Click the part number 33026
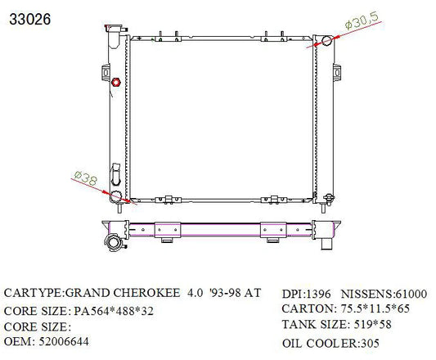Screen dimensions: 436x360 click(30, 20)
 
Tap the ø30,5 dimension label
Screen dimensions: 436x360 click(362, 20)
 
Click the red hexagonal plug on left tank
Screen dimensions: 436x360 click(115, 83)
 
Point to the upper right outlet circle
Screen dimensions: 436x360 click(327, 41)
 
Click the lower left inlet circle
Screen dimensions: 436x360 click(115, 196)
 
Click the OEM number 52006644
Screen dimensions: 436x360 click(64, 342)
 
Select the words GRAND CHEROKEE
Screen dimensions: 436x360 click(123, 293)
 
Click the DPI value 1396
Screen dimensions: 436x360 click(319, 294)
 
